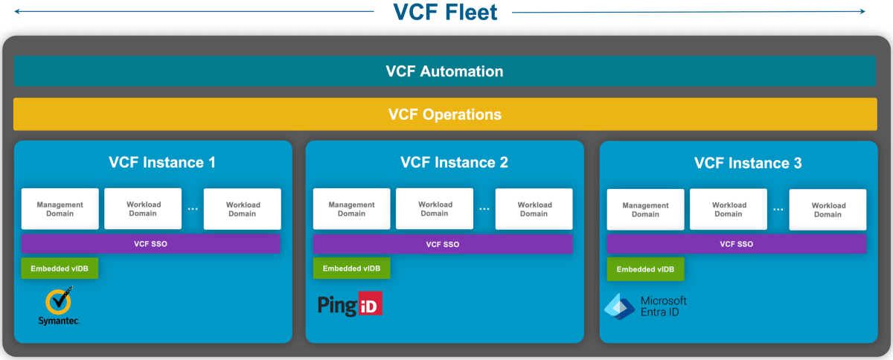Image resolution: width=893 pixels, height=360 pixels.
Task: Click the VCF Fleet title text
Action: click(444, 13)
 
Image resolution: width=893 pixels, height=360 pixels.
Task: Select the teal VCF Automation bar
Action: click(444, 72)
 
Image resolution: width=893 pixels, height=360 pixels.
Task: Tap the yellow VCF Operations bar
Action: click(444, 115)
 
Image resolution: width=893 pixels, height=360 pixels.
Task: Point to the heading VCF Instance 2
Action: click(454, 162)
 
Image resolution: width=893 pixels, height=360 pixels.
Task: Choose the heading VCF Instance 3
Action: click(748, 163)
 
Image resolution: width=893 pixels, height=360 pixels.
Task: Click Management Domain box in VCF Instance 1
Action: click(60, 209)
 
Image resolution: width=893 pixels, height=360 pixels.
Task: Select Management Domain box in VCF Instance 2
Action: click(352, 209)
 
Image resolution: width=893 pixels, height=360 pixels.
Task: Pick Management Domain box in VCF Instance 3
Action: click(645, 210)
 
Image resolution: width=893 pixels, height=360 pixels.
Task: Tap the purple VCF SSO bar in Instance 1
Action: click(151, 243)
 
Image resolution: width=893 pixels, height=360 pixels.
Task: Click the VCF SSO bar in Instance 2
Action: click(443, 244)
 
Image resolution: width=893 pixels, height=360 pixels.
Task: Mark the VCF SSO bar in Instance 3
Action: click(736, 244)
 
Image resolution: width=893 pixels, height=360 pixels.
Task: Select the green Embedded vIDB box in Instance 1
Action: click(60, 268)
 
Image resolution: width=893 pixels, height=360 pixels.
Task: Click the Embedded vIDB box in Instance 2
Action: click(351, 269)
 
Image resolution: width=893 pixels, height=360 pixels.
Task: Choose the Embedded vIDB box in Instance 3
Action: click(645, 269)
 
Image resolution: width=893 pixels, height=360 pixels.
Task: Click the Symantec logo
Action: click(59, 307)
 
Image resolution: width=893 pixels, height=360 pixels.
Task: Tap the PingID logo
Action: click(350, 305)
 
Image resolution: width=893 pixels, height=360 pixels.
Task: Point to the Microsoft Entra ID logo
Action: click(645, 306)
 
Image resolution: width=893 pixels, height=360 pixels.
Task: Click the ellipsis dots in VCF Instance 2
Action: click(484, 209)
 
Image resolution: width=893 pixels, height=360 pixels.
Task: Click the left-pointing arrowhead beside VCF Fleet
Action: click(17, 12)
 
